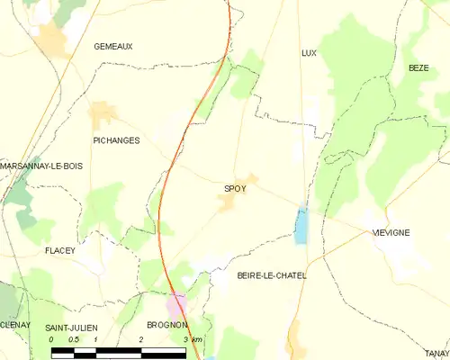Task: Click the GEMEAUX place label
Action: (113, 45)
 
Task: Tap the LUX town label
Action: (309, 53)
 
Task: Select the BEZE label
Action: (418, 67)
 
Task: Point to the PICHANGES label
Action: (116, 140)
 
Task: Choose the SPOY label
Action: (235, 188)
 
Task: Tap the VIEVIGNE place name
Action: (391, 232)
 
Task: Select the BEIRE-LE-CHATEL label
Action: (271, 275)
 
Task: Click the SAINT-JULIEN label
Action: (71, 326)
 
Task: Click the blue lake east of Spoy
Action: (301, 225)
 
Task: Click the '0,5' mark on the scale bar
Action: (74, 339)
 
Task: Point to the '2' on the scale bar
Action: (141, 339)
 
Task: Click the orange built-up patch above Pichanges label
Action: (103, 114)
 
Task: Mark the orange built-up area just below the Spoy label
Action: (227, 203)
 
